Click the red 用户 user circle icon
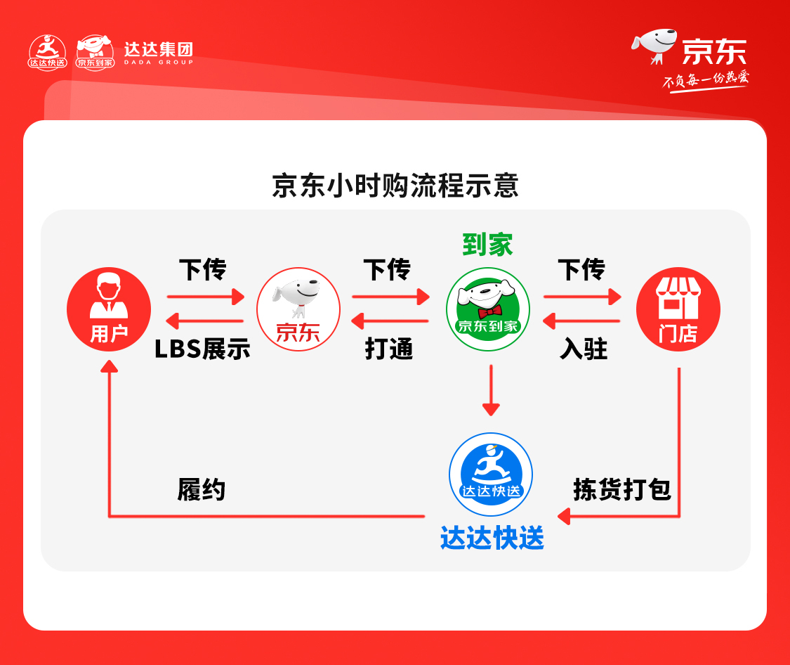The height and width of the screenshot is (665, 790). (109, 309)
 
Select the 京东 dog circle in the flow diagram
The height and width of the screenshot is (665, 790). (298, 309)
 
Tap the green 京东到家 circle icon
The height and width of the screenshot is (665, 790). (488, 309)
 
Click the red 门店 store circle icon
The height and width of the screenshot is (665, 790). (678, 309)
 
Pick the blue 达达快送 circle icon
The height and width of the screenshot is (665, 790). (491, 474)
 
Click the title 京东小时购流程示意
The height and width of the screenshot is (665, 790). (395, 186)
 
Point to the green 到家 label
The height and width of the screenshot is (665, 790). (487, 245)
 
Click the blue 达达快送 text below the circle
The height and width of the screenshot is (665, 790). (492, 538)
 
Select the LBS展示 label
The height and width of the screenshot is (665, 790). (202, 349)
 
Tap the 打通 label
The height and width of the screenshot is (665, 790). (388, 349)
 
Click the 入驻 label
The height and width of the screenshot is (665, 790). (584, 349)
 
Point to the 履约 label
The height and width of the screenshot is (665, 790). (201, 489)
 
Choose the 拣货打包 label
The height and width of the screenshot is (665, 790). (622, 489)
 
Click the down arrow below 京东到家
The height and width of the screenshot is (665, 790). (491, 390)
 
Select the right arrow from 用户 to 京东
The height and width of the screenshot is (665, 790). (206, 297)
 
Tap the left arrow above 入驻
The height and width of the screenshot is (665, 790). (581, 321)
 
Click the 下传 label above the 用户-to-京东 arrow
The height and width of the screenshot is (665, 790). (202, 270)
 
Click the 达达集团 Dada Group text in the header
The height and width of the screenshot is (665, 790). (159, 53)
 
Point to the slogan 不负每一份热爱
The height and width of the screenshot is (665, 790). (705, 81)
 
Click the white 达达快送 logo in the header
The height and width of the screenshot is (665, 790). (47, 52)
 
